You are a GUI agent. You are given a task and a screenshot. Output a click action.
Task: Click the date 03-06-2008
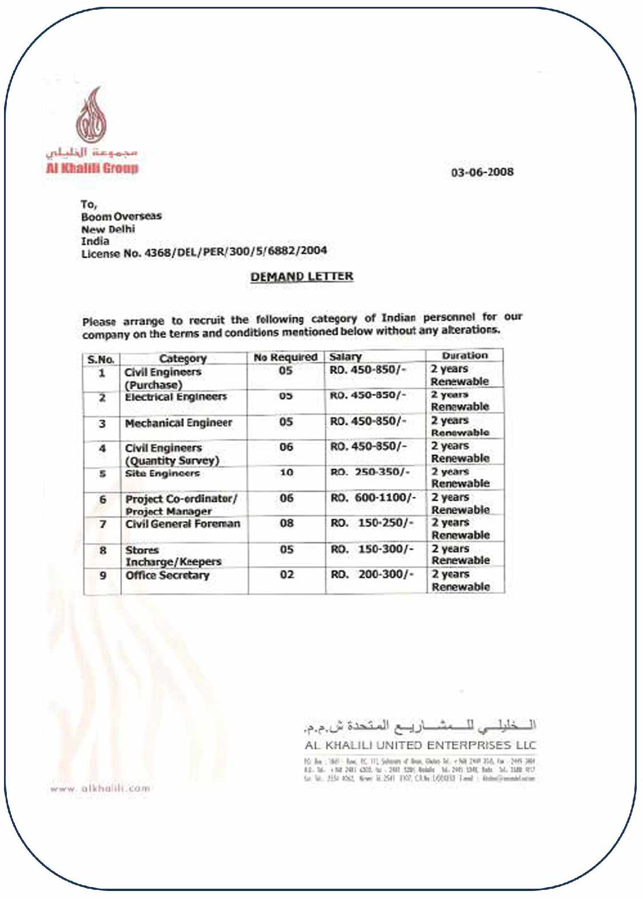pos(482,172)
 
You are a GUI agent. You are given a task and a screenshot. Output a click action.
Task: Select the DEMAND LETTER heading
pos(302,277)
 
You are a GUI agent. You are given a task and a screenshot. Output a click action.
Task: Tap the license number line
pos(204,251)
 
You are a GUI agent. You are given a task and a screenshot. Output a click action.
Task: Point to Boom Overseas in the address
pos(121,217)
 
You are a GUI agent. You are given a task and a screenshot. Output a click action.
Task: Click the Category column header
pos(183,359)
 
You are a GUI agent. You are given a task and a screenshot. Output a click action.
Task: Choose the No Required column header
pos(286,357)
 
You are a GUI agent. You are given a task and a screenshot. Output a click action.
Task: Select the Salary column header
pos(345,357)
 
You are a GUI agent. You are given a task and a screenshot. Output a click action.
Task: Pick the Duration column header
pos(465,355)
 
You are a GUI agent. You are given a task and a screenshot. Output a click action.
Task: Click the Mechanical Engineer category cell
pos(178,423)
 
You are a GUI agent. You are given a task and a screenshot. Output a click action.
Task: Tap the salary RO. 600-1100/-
pos(373,498)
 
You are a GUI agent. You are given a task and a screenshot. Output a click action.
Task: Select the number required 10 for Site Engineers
pos(286,473)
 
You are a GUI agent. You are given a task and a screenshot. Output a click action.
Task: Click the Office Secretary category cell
pos(167,576)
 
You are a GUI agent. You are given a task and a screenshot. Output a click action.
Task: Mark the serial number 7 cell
pos(103,524)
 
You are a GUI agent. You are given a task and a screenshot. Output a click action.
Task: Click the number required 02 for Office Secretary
pos(287,574)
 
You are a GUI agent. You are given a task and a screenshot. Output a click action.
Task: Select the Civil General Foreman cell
pos(183,524)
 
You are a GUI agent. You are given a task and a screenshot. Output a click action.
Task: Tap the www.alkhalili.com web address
pos(100,789)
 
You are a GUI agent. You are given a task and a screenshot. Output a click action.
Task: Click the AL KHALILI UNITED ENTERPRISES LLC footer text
pos(420,745)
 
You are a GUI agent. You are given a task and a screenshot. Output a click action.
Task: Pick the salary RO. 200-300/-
pos(372,574)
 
